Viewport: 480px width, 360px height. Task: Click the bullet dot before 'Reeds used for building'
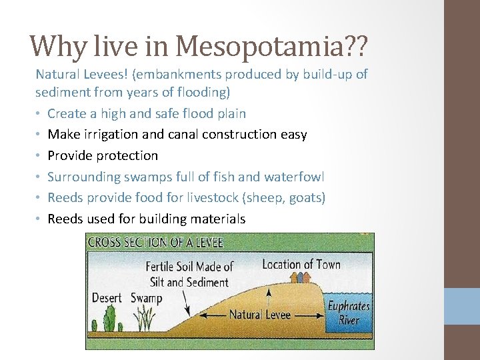[39, 219]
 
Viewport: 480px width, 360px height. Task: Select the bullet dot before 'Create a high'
[39, 114]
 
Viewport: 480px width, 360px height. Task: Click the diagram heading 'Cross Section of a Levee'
[156, 241]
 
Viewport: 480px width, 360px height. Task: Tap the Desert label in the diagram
[107, 298]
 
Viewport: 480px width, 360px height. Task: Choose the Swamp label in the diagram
[146, 298]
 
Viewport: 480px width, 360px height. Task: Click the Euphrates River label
[349, 312]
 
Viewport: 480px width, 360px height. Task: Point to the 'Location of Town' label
[301, 265]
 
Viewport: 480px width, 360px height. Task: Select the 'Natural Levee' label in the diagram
[260, 314]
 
